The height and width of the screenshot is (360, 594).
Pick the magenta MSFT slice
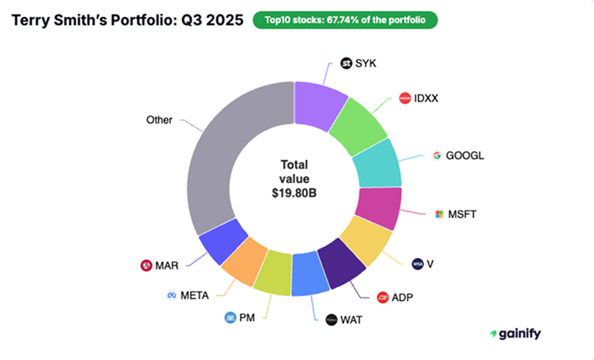click(x=378, y=208)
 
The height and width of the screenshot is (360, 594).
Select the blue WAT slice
click(x=310, y=274)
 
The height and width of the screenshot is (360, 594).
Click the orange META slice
click(x=245, y=261)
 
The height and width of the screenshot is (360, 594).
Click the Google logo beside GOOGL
click(x=437, y=155)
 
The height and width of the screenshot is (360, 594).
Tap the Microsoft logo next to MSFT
click(x=439, y=214)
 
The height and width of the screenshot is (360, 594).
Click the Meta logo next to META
click(x=172, y=295)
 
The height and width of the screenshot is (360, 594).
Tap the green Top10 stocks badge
click(x=345, y=20)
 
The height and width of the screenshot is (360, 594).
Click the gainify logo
click(x=515, y=334)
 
